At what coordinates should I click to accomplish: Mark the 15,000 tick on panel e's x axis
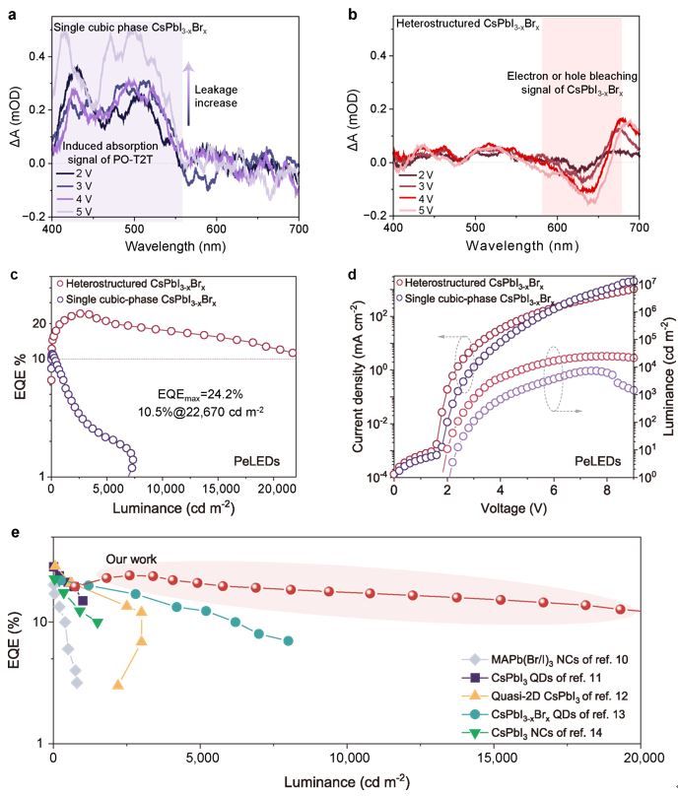493,761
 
